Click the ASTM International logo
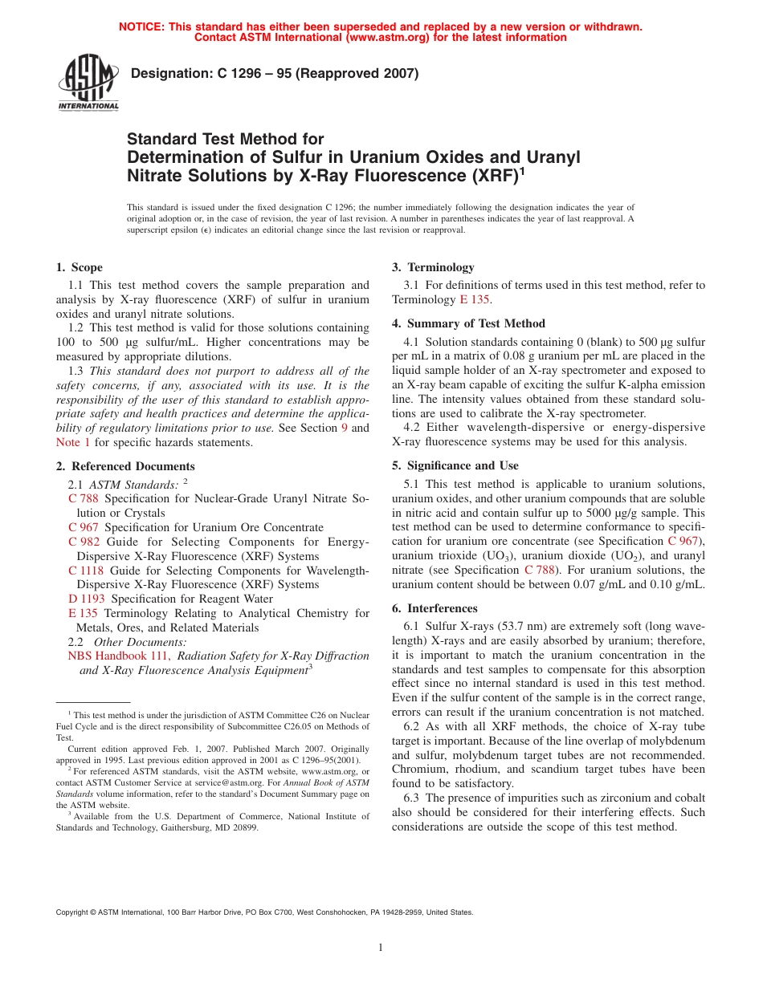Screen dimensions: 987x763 pos(88,83)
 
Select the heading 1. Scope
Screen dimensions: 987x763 pos(79,267)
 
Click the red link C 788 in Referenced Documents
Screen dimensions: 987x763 pos(84,499)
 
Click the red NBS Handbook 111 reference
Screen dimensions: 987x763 pos(118,656)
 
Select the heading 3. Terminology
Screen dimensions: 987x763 pos(433,267)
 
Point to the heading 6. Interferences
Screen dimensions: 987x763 pos(435,608)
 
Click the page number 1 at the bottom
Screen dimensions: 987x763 pos(381,948)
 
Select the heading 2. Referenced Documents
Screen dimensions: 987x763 pos(125,466)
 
